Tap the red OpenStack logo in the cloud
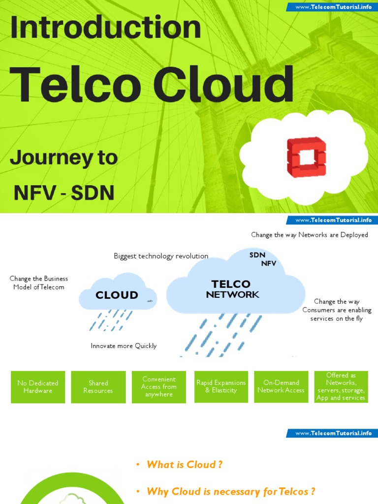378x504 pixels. pyautogui.click(x=306, y=157)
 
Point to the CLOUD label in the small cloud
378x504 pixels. pyautogui.click(x=117, y=295)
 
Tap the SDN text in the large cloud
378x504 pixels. pyautogui.click(x=257, y=254)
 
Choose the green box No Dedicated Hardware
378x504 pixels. pyautogui.click(x=38, y=387)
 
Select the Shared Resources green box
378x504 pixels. pyautogui.click(x=98, y=387)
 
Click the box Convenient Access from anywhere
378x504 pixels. pyautogui.click(x=158, y=387)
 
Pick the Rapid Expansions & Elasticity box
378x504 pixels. pyautogui.click(x=221, y=387)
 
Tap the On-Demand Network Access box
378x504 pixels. pyautogui.click(x=281, y=387)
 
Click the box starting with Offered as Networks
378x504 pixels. pyautogui.click(x=341, y=387)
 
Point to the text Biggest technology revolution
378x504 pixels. pyautogui.click(x=161, y=256)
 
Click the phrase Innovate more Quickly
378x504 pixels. pyautogui.click(x=124, y=346)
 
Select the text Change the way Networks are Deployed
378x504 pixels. pyautogui.click(x=309, y=235)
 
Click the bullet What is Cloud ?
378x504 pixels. pyautogui.click(x=184, y=465)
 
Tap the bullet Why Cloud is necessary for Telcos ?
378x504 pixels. pyautogui.click(x=230, y=491)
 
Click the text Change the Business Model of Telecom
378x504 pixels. pyautogui.click(x=39, y=283)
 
